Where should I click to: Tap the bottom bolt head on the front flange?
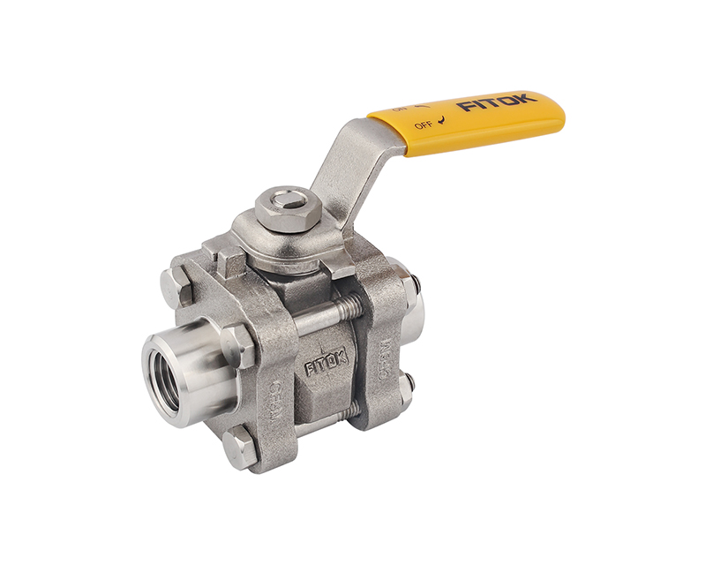click(x=239, y=449)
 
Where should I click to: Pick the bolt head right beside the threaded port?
click(x=238, y=346)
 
